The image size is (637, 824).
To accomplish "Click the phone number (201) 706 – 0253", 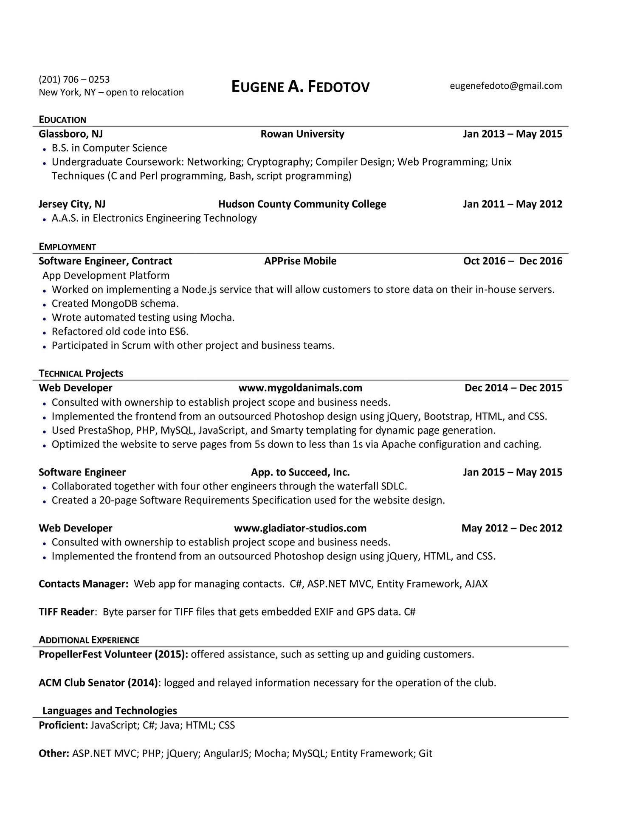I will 74,79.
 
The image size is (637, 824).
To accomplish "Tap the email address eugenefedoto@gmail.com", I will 505,86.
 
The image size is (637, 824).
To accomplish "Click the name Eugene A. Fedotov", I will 300,87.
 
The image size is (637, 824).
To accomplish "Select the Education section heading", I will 62,120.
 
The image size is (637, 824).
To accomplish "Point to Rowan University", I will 302,134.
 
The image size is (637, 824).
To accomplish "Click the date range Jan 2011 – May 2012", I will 512,204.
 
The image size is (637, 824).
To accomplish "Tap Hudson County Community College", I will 302,204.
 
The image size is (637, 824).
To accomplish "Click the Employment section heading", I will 67,247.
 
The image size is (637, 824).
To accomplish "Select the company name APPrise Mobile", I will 300,261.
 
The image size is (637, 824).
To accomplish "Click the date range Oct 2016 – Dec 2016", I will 512,261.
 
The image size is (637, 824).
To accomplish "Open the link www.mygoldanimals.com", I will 300,388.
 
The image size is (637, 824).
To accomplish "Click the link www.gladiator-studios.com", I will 300,528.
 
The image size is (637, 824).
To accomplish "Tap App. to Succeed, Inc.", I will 300,472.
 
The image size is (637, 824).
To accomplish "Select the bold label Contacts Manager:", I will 83,584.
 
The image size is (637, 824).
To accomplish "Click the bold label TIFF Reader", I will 66,612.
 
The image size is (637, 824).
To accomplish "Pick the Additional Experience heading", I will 89,640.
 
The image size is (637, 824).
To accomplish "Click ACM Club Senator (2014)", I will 98,683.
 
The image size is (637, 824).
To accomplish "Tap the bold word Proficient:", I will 63,725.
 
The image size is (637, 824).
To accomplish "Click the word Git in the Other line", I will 425,754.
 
